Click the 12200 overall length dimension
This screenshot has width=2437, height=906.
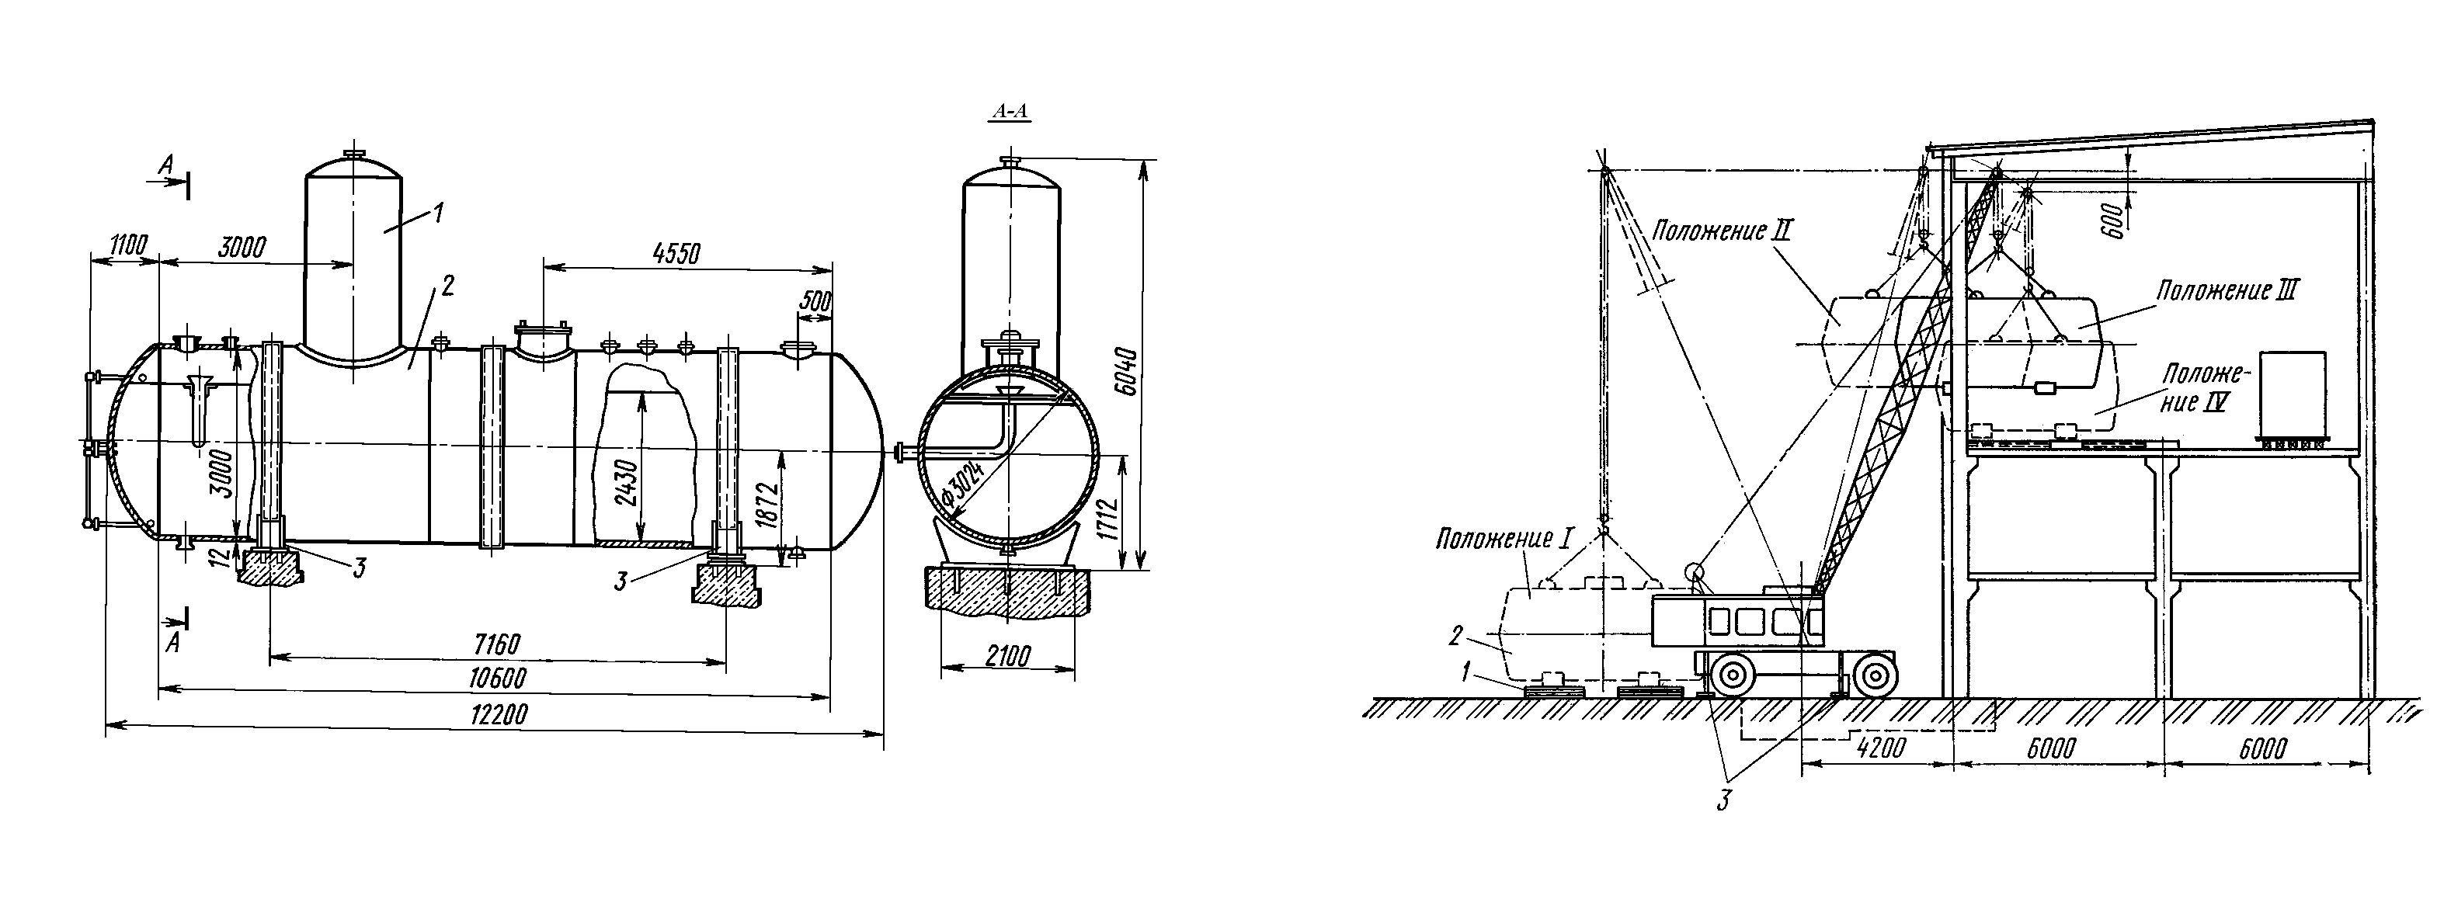pyautogui.click(x=499, y=714)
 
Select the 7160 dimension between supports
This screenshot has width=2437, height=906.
pyautogui.click(x=497, y=645)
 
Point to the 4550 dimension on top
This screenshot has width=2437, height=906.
pyautogui.click(x=676, y=253)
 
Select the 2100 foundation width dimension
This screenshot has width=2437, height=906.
pyautogui.click(x=1007, y=656)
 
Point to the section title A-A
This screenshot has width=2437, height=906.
pyautogui.click(x=1010, y=113)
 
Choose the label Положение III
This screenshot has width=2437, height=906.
pyautogui.click(x=2226, y=290)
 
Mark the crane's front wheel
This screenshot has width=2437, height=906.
pyautogui.click(x=1874, y=675)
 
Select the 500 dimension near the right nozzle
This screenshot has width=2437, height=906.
pyautogui.click(x=815, y=303)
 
